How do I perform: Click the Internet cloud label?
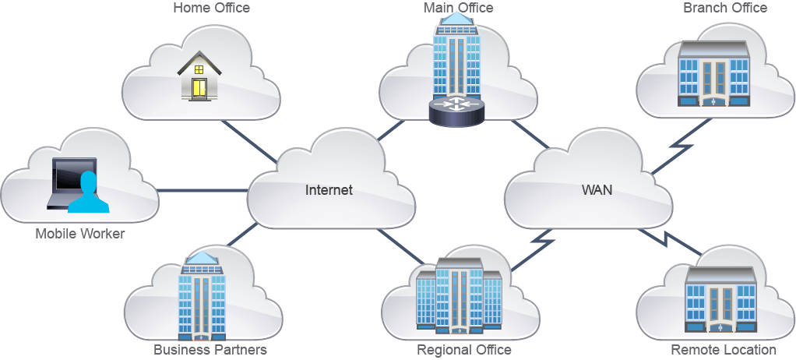click(329, 190)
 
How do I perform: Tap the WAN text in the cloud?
click(597, 190)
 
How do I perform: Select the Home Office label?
click(212, 8)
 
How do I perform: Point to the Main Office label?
click(459, 8)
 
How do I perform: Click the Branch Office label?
click(725, 8)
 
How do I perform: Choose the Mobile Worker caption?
click(79, 234)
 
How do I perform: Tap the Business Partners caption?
click(210, 350)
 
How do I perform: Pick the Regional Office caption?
click(464, 350)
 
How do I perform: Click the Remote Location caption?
click(724, 350)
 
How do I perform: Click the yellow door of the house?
click(199, 88)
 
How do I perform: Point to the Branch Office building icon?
click(713, 73)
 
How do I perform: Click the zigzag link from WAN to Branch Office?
click(681, 146)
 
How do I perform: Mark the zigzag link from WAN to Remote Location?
click(670, 242)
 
